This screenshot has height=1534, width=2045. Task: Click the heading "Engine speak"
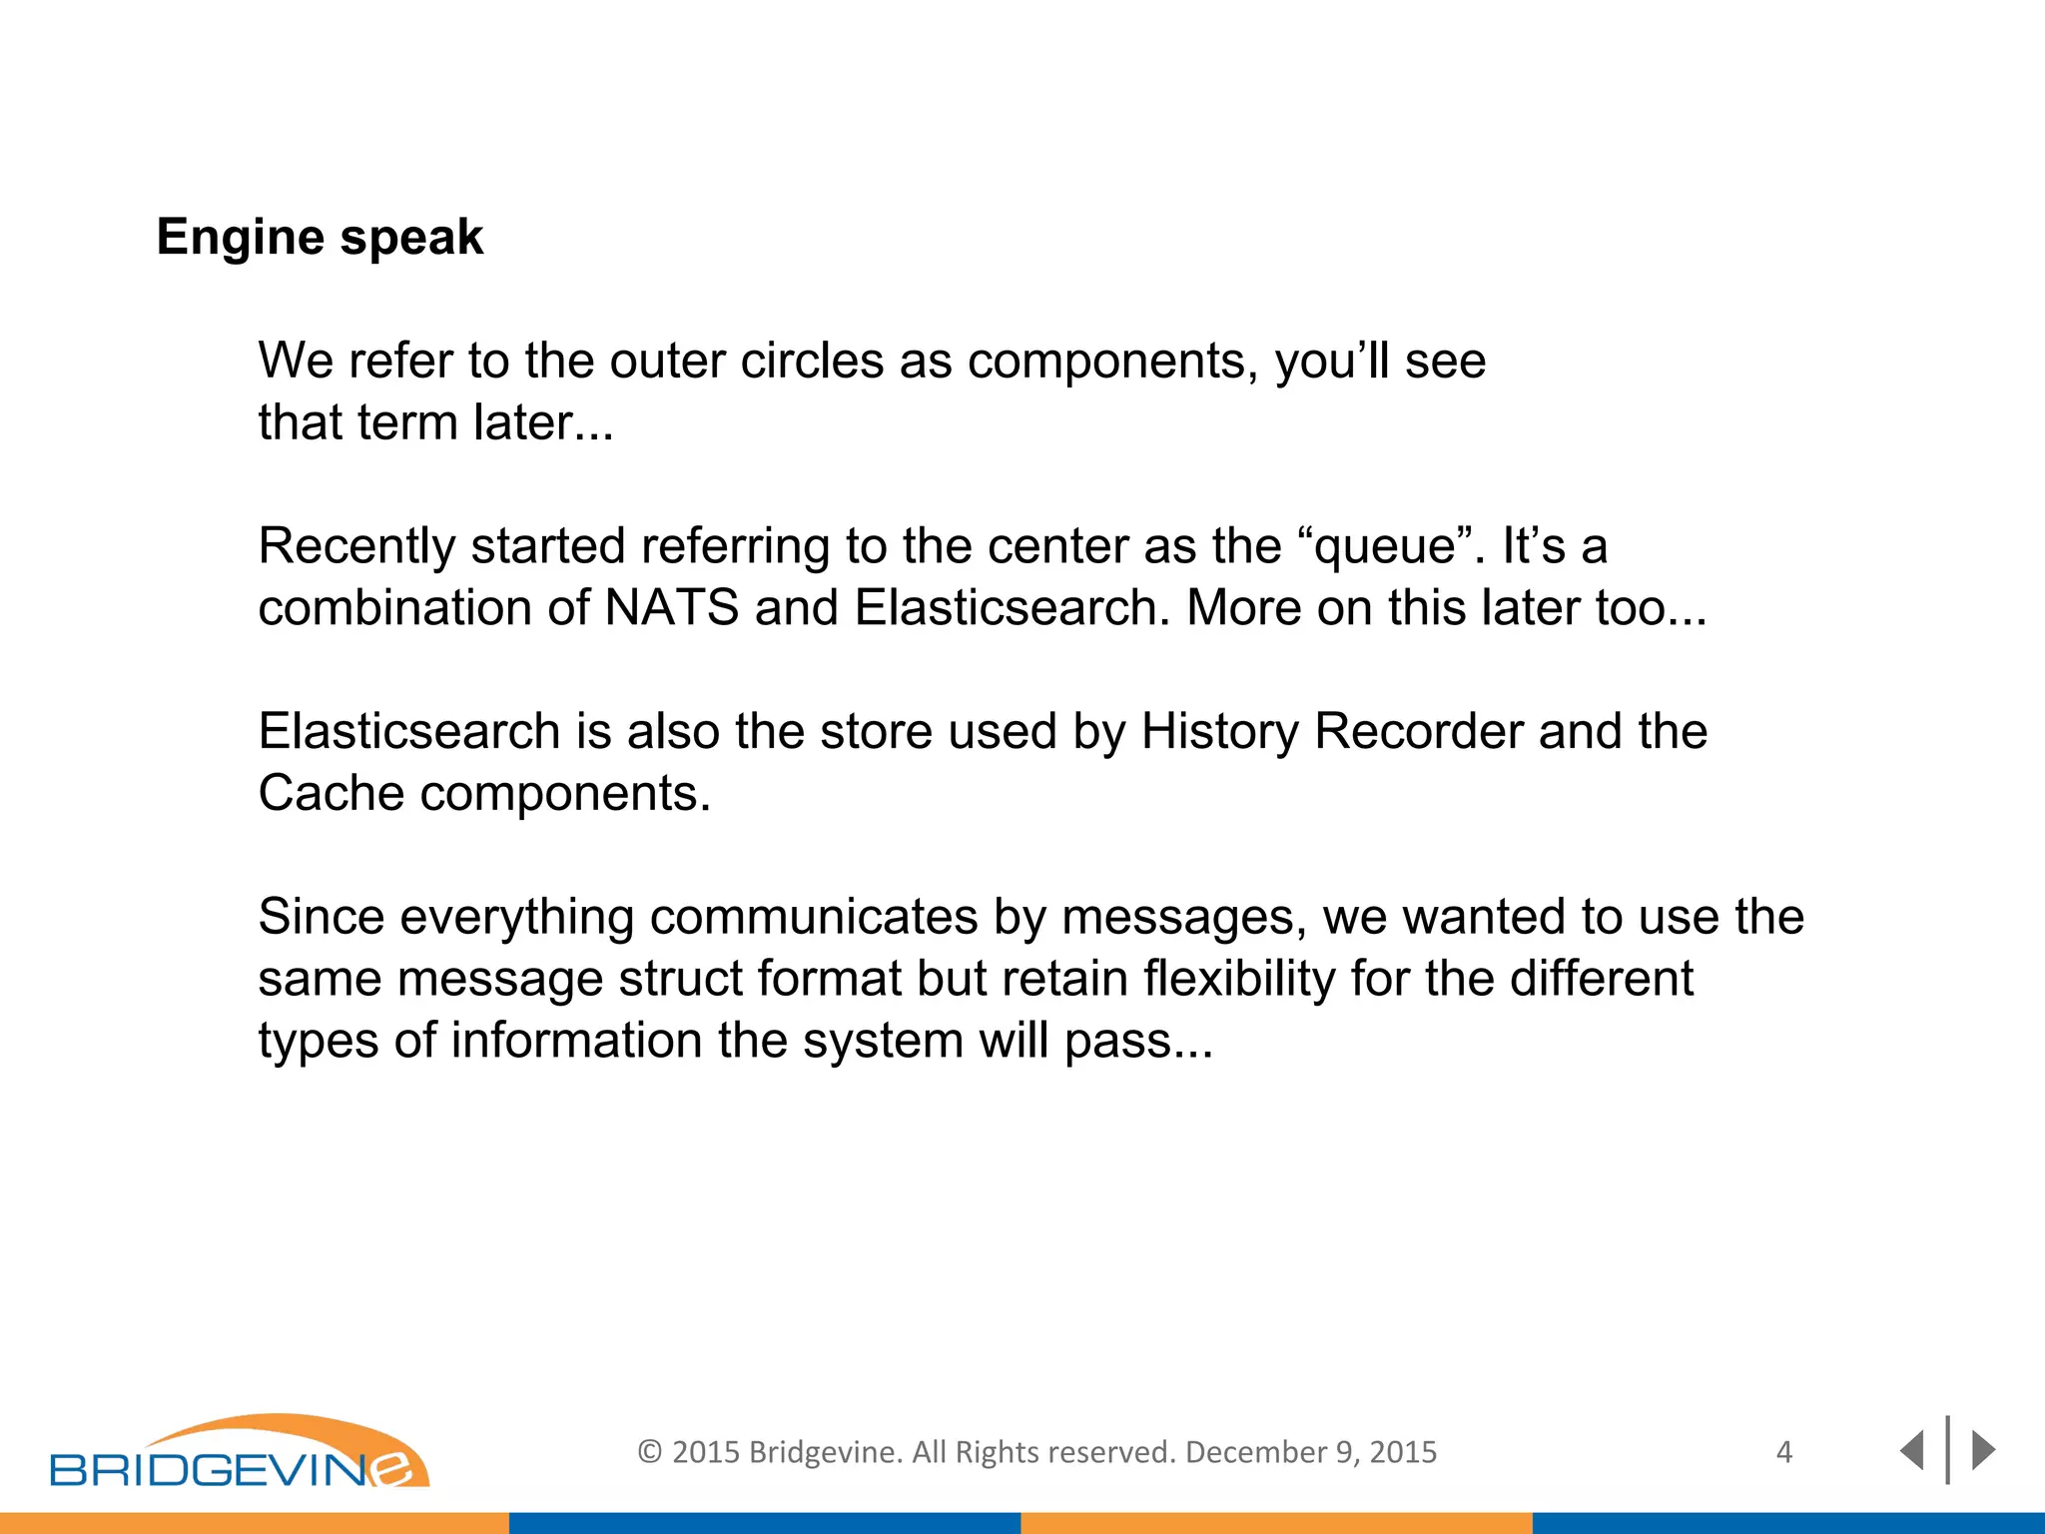coord(320,238)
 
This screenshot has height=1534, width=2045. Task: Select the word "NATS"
coord(671,607)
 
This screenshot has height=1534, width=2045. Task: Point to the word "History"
coord(1219,731)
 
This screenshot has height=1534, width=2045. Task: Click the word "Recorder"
coord(1418,731)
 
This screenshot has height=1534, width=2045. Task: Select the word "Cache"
coord(332,793)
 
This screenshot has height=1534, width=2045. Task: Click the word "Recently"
coord(356,547)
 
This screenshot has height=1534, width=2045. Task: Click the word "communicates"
coord(813,917)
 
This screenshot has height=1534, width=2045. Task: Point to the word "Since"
coord(321,917)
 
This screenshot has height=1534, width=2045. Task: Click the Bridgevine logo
coord(240,1453)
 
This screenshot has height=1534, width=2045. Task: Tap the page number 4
coord(1784,1452)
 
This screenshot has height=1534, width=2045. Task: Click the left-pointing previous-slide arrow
coord(1911,1450)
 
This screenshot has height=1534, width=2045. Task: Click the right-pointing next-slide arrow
coord(1983,1450)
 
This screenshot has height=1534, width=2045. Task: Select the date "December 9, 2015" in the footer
coord(1310,1452)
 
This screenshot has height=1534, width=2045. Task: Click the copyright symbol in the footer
coord(649,1452)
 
